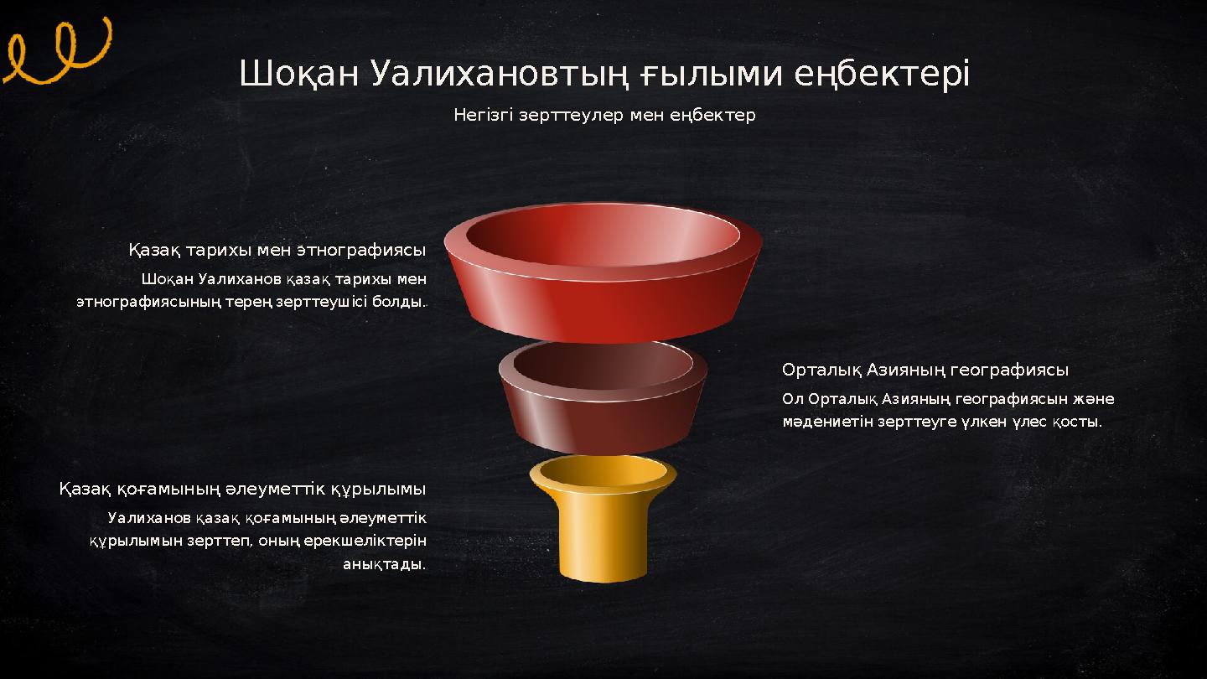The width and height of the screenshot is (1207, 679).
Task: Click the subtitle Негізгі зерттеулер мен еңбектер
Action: click(x=604, y=115)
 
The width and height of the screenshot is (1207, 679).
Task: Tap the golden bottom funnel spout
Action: click(x=603, y=524)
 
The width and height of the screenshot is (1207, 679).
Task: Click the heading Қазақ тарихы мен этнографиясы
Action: click(x=277, y=251)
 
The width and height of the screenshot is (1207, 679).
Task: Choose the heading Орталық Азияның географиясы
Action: click(x=925, y=370)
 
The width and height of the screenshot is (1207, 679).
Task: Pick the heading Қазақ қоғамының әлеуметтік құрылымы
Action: click(x=242, y=489)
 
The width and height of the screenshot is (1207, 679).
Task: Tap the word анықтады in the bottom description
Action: click(x=383, y=564)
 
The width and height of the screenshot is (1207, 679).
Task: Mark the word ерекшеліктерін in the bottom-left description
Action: click(x=370, y=541)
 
